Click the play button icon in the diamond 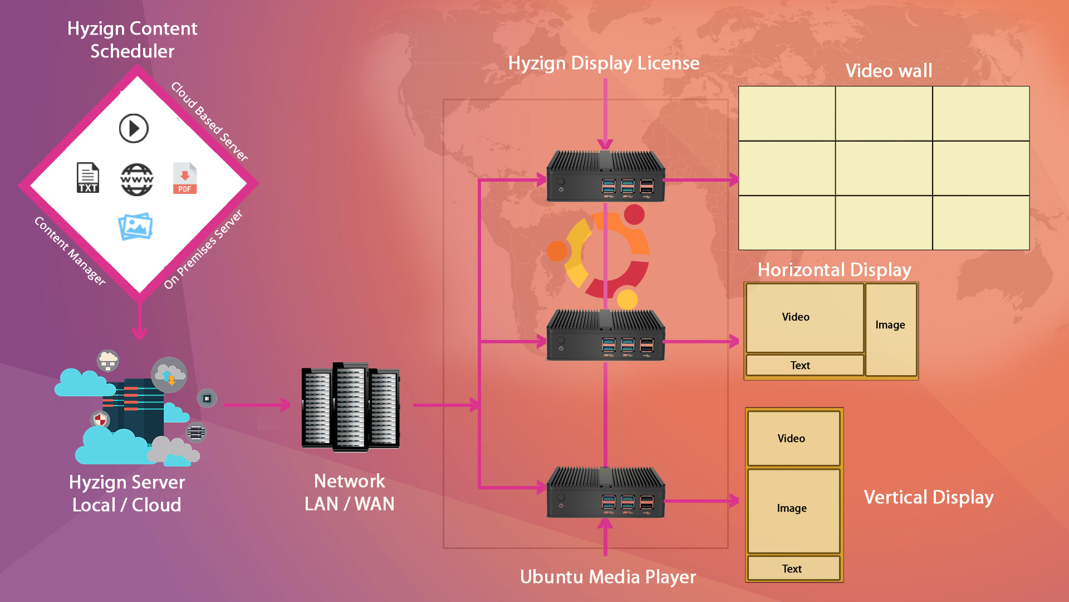[134, 129]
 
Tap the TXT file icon [88, 178]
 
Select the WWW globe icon [137, 179]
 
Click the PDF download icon [185, 178]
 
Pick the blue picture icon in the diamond [135, 226]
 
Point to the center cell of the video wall [884, 168]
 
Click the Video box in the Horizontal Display [805, 318]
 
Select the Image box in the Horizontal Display [891, 329]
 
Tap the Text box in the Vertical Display [793, 569]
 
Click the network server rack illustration [350, 407]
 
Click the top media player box [605, 177]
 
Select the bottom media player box [605, 493]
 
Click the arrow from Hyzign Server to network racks [257, 405]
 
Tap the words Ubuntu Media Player [608, 577]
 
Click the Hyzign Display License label [604, 63]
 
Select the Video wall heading [889, 71]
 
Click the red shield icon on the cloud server [100, 419]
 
